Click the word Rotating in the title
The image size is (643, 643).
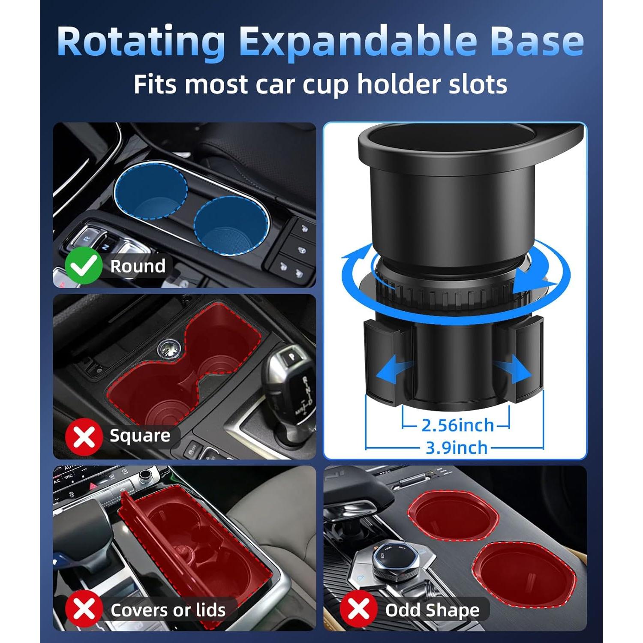coord(141,41)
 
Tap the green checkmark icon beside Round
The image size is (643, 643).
coord(84,266)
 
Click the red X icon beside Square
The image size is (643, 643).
coord(84,436)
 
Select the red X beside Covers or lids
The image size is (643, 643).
coord(84,609)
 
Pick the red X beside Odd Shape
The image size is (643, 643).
coord(358,609)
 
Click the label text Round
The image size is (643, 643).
coord(138,266)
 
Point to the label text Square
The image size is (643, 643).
coord(140,436)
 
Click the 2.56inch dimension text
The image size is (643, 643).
coord(457,425)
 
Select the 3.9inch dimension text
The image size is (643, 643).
coord(457,448)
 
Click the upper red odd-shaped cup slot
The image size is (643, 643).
coord(454,516)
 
